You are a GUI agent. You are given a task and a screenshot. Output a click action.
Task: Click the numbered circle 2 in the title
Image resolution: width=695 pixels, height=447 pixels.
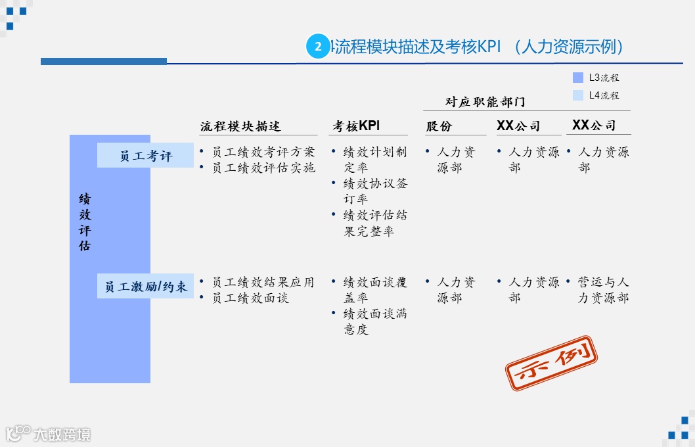point(318,47)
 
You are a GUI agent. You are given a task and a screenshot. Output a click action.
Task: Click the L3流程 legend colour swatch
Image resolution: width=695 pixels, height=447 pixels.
point(578,78)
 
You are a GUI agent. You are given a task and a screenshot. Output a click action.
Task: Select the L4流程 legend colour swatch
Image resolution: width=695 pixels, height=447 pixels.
point(578,95)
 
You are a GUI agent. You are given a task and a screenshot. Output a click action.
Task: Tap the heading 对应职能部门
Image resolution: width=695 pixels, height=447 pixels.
point(485,102)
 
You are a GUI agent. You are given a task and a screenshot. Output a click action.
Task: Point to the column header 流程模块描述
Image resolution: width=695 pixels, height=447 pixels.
point(240,126)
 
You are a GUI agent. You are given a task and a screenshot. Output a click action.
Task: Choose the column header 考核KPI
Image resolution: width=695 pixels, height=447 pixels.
point(356,126)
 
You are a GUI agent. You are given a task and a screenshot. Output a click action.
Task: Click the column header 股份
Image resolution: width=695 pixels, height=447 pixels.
point(439,126)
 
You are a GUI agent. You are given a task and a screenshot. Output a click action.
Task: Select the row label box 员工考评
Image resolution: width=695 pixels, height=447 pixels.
point(145,156)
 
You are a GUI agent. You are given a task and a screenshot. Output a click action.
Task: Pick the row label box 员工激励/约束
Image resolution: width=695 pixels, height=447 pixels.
point(145,286)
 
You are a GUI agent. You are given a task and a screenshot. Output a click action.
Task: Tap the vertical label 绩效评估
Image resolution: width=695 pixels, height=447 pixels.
point(85,222)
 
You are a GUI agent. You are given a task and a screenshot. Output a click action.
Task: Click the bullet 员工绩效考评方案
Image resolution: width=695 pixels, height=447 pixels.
point(263,152)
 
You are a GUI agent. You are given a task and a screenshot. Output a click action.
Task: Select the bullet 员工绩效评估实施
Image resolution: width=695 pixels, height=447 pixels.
point(263,168)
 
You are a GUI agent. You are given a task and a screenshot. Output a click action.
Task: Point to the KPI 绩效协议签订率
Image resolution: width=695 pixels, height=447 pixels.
point(374,191)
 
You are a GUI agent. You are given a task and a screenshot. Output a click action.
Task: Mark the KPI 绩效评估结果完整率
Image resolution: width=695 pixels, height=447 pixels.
point(374,223)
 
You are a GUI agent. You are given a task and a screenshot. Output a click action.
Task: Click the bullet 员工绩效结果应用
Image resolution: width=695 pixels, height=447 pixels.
point(263,282)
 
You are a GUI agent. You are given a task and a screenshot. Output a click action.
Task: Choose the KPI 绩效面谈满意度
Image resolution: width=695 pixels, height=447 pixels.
point(374,321)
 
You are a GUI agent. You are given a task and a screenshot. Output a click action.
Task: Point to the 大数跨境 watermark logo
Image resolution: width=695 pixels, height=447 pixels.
point(49,434)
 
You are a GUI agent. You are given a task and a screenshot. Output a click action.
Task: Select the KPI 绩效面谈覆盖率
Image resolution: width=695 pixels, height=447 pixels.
point(374,290)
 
